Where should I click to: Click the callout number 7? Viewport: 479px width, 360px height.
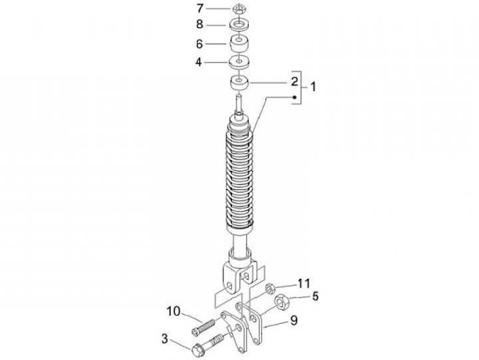pos(200,8)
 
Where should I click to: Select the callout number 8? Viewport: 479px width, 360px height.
pos(200,24)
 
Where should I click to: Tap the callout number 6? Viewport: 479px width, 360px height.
pos(199,44)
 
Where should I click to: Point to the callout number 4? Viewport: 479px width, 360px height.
pos(199,63)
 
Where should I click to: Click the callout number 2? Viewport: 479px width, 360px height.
pos(294,82)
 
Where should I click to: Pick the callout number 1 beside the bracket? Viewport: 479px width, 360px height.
pos(313,87)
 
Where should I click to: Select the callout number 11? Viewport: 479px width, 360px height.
pos(303,283)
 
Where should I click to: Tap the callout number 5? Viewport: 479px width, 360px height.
pos(315,296)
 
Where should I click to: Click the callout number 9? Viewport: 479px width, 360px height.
pos(293,320)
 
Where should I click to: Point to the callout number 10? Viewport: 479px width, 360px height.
pos(174,311)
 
